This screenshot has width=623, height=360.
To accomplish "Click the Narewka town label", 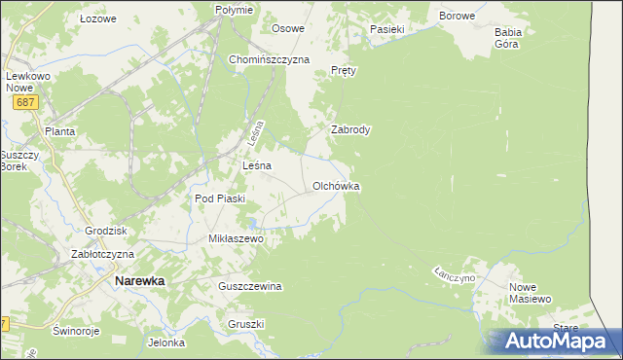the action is [139, 280].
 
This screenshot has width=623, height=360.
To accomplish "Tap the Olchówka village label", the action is [336, 185].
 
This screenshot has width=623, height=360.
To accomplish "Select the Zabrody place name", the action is [350, 128].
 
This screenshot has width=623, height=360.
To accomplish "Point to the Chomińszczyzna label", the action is [269, 59].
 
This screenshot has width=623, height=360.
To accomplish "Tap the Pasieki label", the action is [386, 29].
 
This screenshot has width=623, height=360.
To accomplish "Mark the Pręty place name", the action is [345, 71].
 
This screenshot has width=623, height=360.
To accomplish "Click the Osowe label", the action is [288, 28].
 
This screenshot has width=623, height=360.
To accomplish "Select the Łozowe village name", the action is [97, 18].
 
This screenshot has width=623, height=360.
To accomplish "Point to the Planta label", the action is [59, 130].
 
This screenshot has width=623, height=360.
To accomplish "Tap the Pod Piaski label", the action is [219, 198].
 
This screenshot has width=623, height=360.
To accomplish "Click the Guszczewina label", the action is [250, 286].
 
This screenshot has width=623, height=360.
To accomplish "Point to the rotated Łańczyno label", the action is [455, 277].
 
